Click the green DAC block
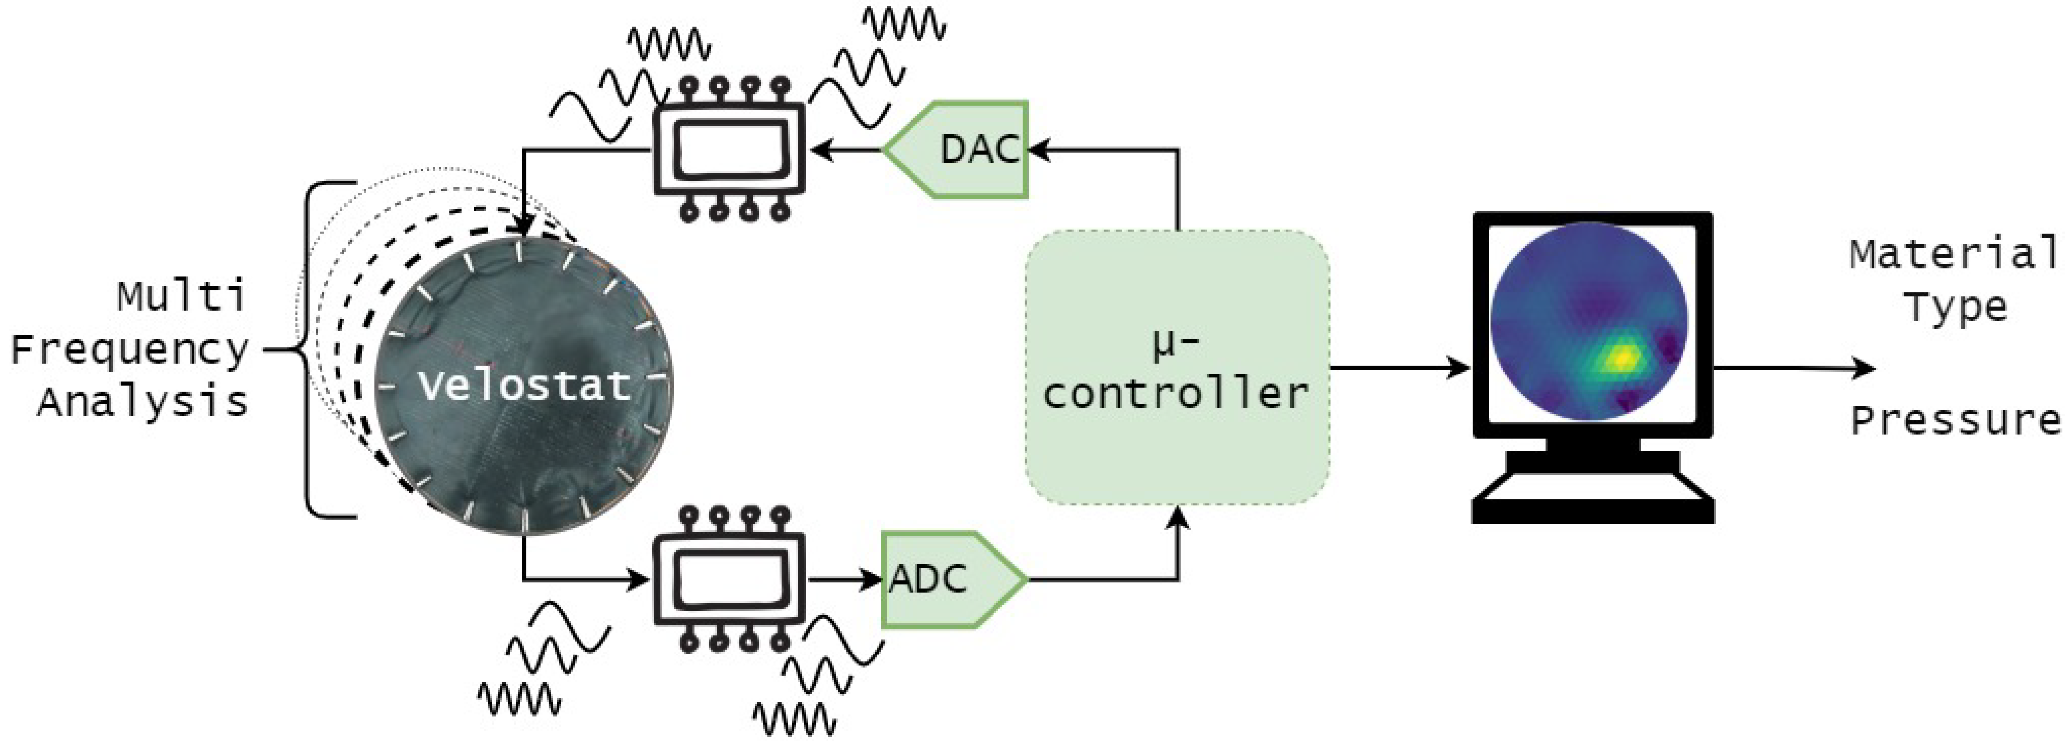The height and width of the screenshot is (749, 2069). tap(964, 150)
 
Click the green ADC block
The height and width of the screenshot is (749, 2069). tap(944, 578)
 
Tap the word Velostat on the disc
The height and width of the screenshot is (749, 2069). tap(524, 386)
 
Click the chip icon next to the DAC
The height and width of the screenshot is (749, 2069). tap(729, 150)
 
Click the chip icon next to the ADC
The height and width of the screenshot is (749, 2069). tap(729, 578)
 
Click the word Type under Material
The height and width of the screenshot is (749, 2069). tap(1956, 307)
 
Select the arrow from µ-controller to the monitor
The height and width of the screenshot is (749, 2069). tap(1398, 368)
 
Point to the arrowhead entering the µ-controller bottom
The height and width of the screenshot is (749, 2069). tap(1177, 518)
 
